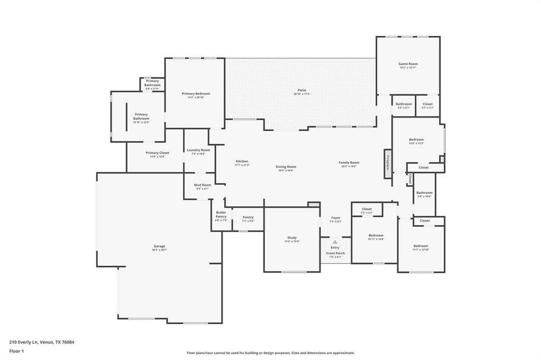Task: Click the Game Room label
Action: [408, 64]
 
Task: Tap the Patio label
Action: [301, 90]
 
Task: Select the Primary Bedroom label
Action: [196, 94]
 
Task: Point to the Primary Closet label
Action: [157, 153]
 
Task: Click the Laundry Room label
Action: [198, 150]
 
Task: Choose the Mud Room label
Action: [202, 185]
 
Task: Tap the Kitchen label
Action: [242, 161]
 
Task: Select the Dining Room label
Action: [286, 167]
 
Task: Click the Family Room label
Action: [349, 163]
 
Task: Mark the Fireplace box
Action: [388, 163]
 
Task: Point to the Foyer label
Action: [336, 218]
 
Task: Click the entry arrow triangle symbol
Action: [335, 242]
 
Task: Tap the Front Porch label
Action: [335, 254]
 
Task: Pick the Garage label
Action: [159, 247]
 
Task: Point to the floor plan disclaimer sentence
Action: [270, 353]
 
